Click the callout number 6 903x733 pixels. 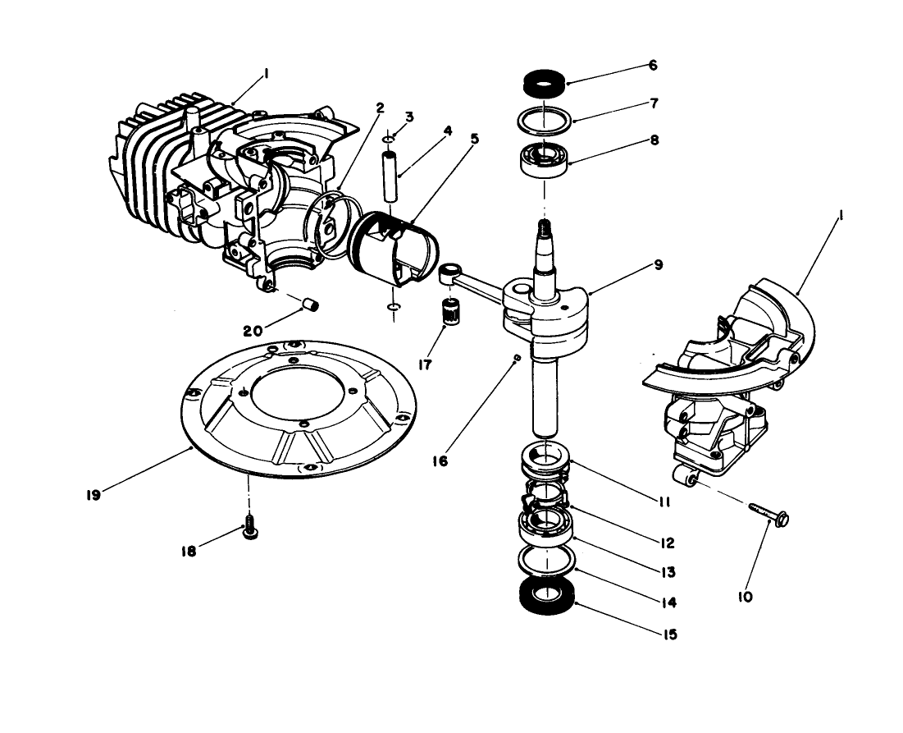[x=652, y=64]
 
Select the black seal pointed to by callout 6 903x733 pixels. [x=542, y=83]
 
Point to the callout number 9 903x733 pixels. [x=659, y=265]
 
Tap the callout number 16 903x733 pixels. [x=440, y=461]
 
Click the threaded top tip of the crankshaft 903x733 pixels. [x=542, y=227]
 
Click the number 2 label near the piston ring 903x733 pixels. [x=379, y=107]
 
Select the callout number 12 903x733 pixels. [x=666, y=543]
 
